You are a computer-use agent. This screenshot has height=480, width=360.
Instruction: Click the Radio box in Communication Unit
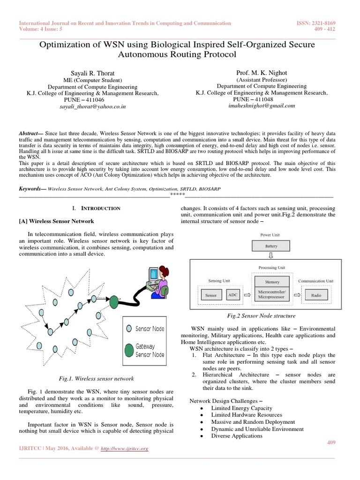[316, 296]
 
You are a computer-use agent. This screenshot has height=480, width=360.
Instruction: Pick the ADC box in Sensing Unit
[233, 295]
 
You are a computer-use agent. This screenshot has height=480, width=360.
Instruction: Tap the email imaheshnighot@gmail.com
[261, 106]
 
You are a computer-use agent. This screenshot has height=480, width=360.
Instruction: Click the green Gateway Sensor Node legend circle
[128, 350]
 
